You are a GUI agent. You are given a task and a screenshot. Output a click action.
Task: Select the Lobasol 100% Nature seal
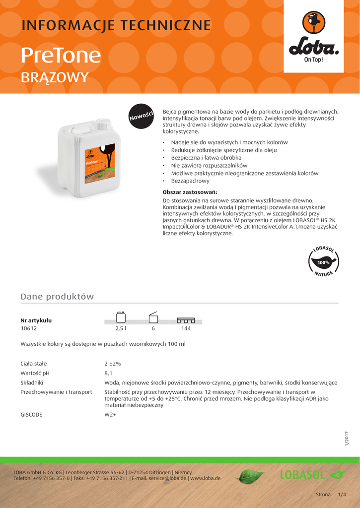click(323, 261)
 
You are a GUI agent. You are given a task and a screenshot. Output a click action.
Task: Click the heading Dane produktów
click(57, 297)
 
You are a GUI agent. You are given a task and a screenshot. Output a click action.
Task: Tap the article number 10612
click(29, 328)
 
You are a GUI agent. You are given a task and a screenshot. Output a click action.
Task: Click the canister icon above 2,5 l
click(120, 317)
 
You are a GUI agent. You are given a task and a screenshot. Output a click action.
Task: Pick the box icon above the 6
click(153, 317)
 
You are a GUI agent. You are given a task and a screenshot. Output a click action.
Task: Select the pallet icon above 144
click(186, 319)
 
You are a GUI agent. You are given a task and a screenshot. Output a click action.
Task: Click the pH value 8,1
click(108, 373)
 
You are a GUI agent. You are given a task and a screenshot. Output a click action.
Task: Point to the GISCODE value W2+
click(110, 414)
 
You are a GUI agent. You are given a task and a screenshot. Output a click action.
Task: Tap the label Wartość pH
click(35, 373)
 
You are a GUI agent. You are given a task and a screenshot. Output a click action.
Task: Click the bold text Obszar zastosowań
click(190, 192)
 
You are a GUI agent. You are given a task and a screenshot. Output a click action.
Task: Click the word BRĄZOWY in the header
click(55, 77)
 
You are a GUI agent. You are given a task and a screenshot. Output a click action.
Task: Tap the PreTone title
click(61, 56)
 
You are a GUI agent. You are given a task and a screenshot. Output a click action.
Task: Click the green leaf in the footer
click(249, 477)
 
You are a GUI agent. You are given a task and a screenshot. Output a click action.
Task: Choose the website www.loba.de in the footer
click(206, 478)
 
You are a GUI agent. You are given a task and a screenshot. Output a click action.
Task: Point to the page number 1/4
click(342, 495)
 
